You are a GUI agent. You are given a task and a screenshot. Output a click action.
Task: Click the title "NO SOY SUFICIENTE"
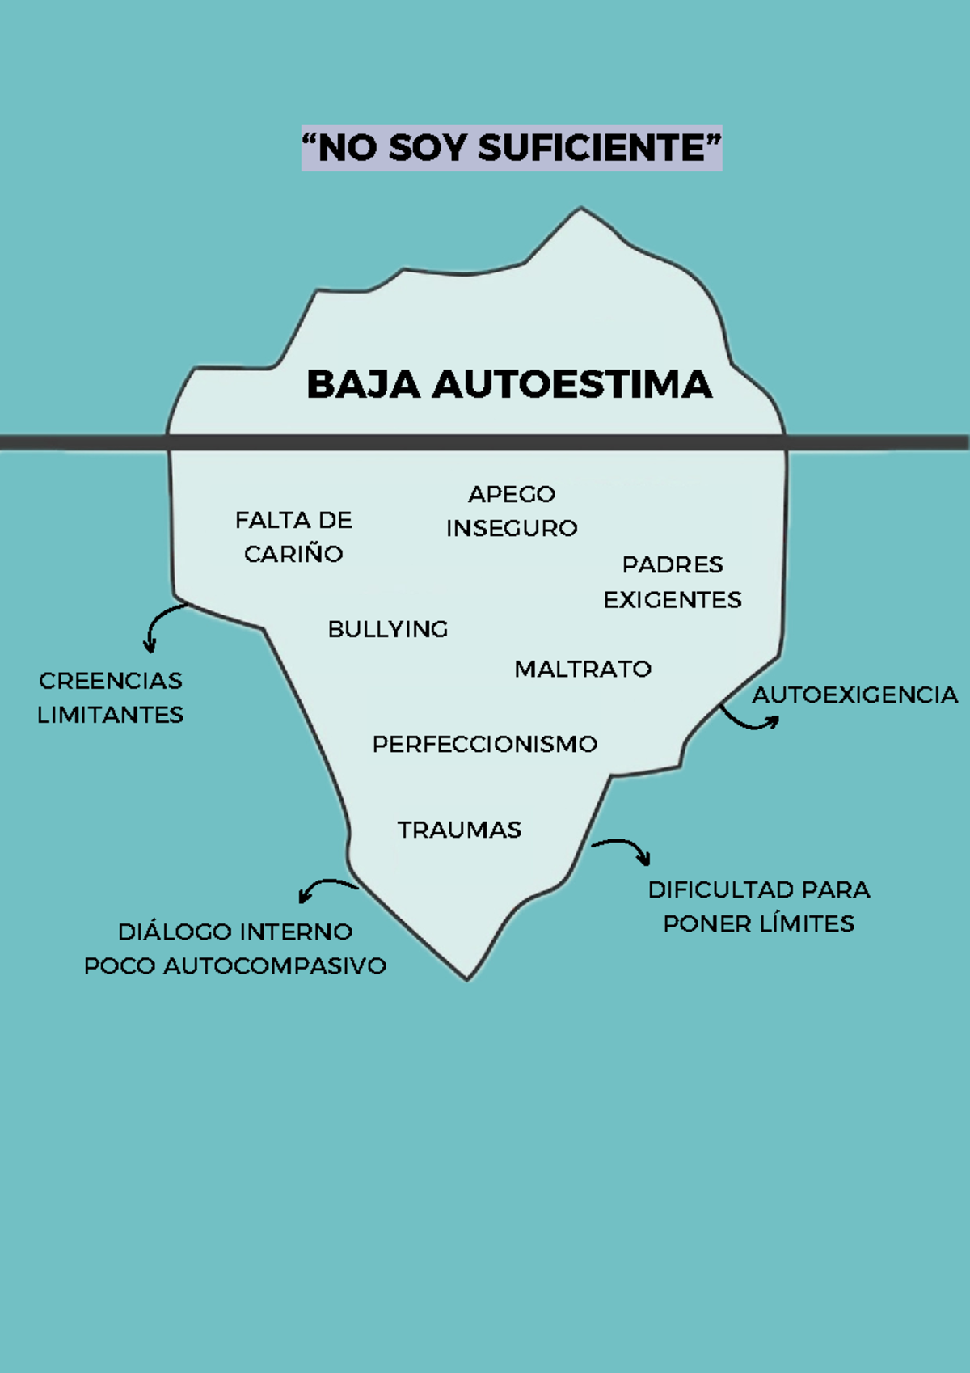coord(512,148)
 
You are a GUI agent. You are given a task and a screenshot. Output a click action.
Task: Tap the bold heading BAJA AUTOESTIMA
coord(509,384)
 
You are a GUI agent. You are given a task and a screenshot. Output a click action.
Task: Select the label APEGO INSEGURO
coord(512,510)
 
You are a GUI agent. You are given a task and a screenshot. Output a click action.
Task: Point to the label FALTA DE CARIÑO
coord(293,537)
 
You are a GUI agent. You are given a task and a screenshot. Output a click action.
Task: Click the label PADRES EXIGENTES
coord(673,581)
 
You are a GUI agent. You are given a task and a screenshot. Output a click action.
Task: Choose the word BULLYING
coord(388,629)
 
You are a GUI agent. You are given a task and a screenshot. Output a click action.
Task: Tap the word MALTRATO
coord(583,669)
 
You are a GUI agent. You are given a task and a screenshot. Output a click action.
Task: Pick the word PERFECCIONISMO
coord(485,744)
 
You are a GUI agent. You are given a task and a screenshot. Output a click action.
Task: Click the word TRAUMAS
coord(460,830)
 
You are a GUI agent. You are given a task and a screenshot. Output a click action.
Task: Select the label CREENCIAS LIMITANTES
coord(110,698)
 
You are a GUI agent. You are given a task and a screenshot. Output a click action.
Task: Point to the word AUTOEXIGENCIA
coord(854,695)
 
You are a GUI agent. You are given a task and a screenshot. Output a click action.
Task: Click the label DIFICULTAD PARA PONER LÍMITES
coord(759,906)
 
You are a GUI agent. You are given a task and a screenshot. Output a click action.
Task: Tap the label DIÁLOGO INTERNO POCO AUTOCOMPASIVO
coord(235,948)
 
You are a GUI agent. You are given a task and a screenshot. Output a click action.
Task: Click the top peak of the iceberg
coord(581,207)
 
